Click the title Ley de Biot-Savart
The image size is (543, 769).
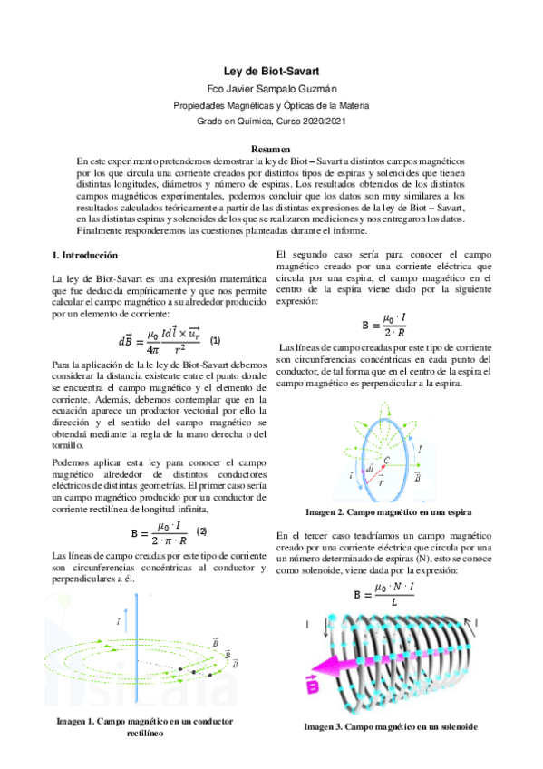[271, 71]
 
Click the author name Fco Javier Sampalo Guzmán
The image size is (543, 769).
[271, 89]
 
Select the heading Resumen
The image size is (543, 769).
[271, 148]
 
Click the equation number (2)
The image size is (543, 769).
[202, 531]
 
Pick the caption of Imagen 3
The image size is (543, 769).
[390, 726]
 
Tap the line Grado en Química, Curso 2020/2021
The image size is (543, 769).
[271, 121]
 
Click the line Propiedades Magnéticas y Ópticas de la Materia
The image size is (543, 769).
[271, 105]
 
